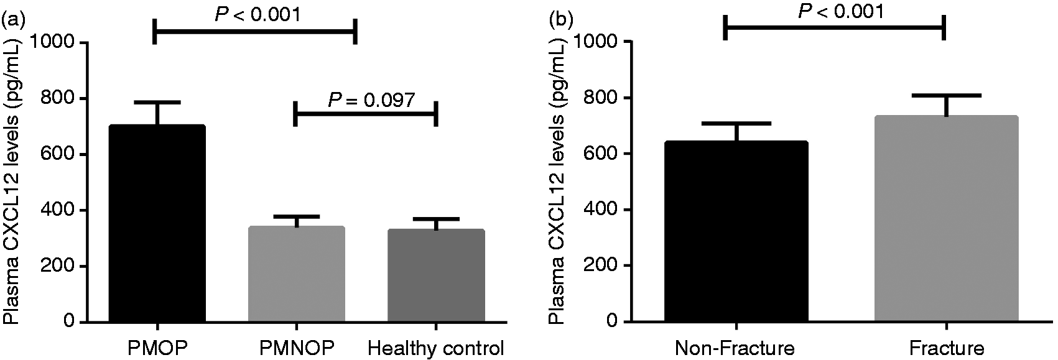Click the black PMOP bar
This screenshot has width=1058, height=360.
coord(157,223)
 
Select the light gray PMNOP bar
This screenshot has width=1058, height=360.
coord(297,274)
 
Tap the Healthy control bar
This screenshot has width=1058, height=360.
coord(436,275)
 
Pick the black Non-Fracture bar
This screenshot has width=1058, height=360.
coord(736,231)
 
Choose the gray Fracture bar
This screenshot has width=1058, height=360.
coord(947,219)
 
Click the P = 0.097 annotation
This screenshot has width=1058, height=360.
coord(372,99)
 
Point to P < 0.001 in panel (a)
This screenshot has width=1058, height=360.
coord(258,14)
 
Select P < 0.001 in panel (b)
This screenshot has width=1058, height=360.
coord(841,11)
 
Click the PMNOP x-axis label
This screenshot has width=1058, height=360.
coord(297,349)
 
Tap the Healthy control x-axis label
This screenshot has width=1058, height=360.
coord(436,349)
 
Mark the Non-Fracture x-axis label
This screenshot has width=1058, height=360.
coord(735,349)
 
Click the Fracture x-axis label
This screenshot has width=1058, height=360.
coord(947,349)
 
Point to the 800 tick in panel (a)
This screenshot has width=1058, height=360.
coord(58,98)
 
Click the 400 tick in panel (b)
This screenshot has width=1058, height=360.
coord(601,210)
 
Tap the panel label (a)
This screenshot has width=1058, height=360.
coord(15,20)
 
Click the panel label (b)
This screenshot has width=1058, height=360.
coord(560,20)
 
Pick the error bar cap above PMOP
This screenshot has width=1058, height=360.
coord(157,102)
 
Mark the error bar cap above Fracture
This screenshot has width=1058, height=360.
coord(947,95)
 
